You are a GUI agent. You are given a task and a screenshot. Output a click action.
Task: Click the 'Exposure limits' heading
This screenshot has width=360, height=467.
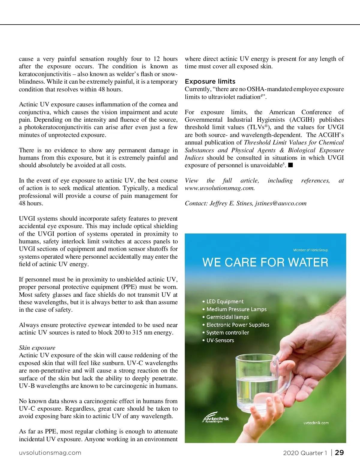tap(210, 82)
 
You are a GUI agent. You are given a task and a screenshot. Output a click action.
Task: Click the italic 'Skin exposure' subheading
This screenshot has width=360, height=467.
tap(37, 348)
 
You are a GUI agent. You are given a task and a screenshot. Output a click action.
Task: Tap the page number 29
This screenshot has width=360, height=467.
tap(339, 453)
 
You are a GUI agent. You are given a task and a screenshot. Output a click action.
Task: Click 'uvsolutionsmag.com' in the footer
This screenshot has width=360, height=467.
tap(50, 453)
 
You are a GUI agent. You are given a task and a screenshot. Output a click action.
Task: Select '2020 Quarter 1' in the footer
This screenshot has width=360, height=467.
tap(305, 453)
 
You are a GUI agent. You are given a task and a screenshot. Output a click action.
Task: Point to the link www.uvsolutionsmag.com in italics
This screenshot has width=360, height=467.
tap(220, 188)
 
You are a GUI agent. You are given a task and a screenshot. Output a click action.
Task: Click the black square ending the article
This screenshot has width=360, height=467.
tap(290, 165)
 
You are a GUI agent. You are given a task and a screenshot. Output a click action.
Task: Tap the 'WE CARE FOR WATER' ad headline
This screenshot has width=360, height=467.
tap(265, 263)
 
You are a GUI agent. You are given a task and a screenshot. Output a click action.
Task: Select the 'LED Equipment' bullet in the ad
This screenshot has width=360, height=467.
tap(225, 302)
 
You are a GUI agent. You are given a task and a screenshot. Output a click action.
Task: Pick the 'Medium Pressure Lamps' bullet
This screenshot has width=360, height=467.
tap(236, 309)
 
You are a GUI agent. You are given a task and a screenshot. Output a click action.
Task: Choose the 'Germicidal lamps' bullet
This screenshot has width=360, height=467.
tap(227, 317)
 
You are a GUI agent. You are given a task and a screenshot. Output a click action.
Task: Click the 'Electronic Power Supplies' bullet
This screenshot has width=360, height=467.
tap(238, 325)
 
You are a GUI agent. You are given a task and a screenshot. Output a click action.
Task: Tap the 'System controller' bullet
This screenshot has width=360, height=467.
tap(227, 333)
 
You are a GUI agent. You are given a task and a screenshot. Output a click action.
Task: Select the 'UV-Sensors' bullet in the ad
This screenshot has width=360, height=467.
tap(220, 341)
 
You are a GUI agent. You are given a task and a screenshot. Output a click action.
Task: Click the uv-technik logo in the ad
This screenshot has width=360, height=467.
tap(216, 419)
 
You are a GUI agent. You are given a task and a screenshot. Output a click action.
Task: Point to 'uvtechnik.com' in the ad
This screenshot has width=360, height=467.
tap(316, 423)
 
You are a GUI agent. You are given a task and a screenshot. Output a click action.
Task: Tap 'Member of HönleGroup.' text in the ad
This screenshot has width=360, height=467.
tap(311, 250)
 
